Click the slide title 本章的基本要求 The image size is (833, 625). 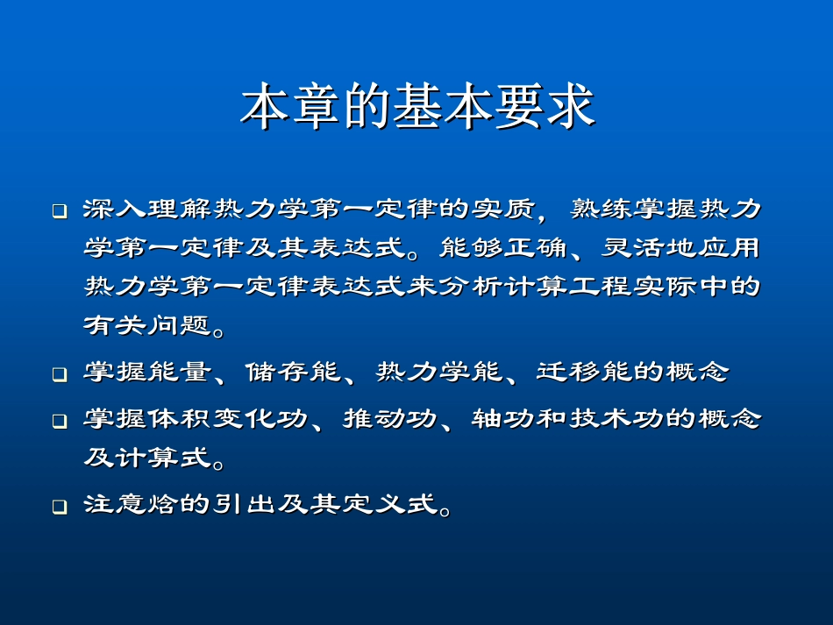(x=417, y=107)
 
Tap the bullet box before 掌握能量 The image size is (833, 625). (x=59, y=375)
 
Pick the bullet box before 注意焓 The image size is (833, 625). (x=59, y=508)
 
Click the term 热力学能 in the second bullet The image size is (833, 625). (x=429, y=372)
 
